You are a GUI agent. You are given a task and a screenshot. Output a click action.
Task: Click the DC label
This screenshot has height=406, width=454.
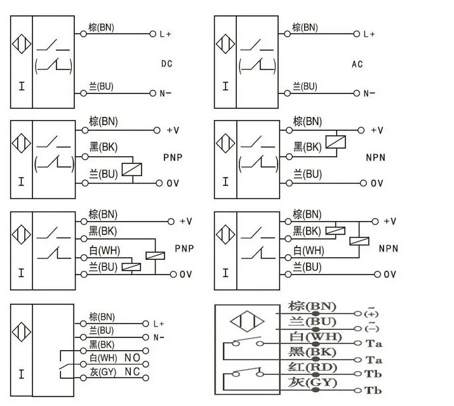167,64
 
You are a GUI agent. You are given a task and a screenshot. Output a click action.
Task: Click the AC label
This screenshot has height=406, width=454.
357,64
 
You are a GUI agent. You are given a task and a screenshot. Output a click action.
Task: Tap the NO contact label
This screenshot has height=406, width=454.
132,358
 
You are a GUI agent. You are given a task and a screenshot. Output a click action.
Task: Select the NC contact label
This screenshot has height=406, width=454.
132,372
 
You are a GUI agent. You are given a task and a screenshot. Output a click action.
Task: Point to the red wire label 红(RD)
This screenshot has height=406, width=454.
312,367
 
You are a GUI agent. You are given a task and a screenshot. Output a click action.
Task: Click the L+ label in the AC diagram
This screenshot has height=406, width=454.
369,34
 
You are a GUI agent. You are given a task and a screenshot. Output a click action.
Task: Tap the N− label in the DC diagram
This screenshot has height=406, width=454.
166,93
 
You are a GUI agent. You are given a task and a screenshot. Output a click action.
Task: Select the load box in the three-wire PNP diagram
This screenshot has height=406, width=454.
132,170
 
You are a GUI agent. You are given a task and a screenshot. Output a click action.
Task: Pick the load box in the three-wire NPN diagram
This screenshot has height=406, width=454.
336,142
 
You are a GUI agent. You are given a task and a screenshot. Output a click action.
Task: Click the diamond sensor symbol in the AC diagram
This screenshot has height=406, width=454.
225,44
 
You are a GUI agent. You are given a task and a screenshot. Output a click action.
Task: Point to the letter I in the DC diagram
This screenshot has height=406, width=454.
22,86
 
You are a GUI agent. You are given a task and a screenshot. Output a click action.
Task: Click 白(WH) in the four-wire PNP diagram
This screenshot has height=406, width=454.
105,251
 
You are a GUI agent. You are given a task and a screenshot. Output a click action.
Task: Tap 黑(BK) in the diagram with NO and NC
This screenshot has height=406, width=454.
102,344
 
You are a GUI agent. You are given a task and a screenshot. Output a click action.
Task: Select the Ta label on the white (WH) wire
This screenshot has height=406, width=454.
374,344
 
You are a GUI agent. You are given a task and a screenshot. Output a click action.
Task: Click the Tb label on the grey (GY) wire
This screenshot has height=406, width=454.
373,391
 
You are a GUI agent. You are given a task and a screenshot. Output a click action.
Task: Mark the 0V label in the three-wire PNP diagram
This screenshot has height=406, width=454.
173,183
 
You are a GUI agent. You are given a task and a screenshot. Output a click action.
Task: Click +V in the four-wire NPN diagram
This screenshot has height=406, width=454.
389,221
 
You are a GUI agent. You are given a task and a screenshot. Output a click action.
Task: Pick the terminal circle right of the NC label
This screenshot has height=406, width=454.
146,378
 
